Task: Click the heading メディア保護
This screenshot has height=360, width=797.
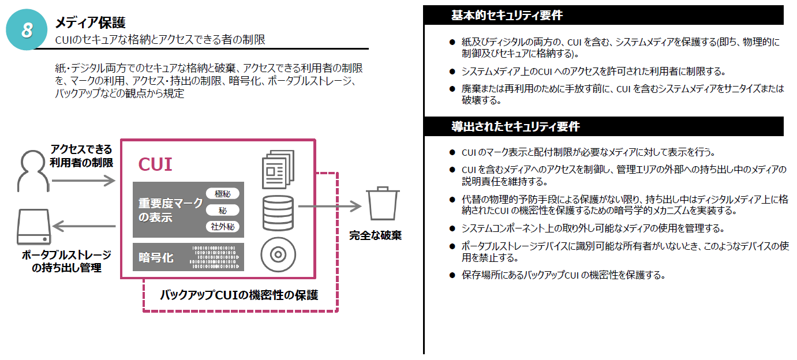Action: click(x=90, y=22)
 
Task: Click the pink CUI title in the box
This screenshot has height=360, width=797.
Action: click(x=155, y=164)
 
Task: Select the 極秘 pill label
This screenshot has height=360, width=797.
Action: click(x=222, y=194)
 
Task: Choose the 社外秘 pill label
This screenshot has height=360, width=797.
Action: click(x=222, y=227)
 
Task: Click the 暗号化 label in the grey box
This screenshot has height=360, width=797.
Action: click(x=156, y=257)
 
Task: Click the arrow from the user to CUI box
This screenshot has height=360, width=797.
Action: click(x=84, y=181)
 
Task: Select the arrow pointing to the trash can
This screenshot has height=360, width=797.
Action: click(x=329, y=206)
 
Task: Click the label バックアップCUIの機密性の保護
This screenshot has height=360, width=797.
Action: click(x=239, y=295)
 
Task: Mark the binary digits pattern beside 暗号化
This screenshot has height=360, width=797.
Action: click(x=214, y=257)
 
